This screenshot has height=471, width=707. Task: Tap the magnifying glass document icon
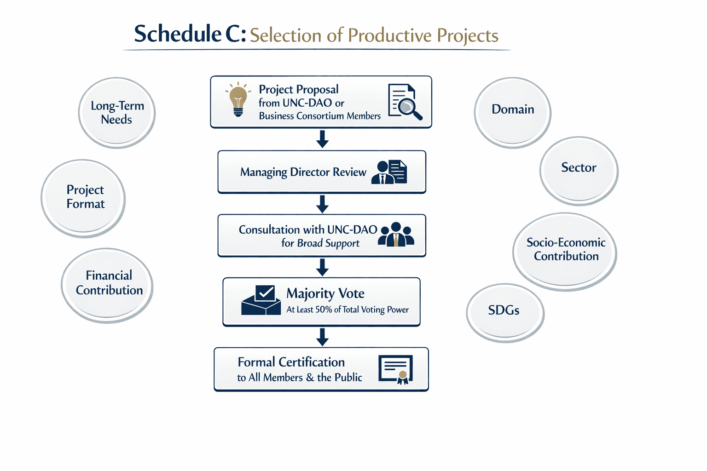405,102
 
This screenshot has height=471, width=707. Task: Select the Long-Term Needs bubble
117,113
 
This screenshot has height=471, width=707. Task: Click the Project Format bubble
84,198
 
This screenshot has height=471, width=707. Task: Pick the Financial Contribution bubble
108,284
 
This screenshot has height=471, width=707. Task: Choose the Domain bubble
512,112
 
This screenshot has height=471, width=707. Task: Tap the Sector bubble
579,170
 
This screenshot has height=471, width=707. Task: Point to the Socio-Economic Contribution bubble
565,251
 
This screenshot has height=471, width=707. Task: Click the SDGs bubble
505,312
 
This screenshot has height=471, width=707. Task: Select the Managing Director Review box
321,172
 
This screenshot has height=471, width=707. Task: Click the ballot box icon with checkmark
261,300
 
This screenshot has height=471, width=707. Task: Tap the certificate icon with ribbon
396,369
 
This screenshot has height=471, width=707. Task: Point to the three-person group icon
396,235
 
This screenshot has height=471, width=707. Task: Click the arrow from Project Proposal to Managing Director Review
322,139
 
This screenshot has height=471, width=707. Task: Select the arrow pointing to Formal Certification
322,337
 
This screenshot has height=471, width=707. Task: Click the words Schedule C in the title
190,34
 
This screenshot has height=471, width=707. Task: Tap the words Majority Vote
325,293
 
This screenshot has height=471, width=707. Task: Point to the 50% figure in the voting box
324,310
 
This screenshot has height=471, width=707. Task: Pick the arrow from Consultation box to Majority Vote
322,267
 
